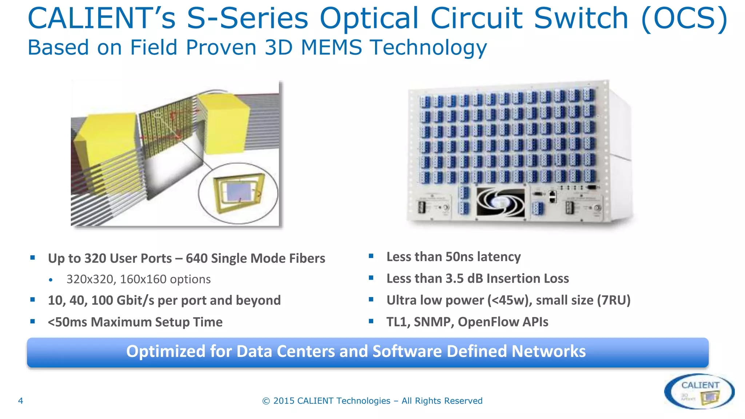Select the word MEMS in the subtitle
pos(331,48)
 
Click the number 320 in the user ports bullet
pos(95,258)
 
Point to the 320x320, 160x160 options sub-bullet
pos(138,279)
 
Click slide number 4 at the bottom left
pos(21,401)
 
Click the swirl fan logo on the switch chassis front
pos(501,203)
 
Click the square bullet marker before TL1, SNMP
pos(371,321)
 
